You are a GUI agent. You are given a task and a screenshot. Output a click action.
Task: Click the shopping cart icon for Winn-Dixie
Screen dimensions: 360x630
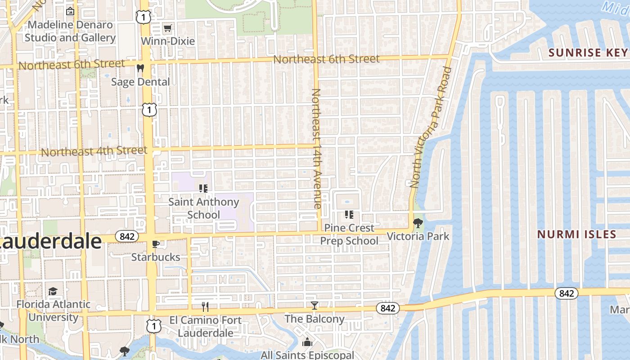[x=168, y=28]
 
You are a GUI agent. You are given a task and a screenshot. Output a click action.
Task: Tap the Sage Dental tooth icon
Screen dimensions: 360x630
[x=140, y=68]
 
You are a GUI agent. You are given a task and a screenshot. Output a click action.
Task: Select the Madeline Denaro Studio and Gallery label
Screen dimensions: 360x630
[x=70, y=31]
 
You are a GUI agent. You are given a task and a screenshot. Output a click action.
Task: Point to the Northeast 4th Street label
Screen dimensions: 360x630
[x=94, y=151]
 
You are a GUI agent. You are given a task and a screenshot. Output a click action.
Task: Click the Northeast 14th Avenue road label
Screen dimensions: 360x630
[x=316, y=148]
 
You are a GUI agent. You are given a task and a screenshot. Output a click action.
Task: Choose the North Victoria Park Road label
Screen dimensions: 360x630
[x=431, y=127]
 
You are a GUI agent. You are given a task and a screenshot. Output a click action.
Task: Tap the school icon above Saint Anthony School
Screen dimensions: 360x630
[x=203, y=189]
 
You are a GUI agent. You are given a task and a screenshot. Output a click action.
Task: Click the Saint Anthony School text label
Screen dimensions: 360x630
[x=203, y=208]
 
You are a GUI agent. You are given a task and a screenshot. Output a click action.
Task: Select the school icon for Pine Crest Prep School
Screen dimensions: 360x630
[x=349, y=215]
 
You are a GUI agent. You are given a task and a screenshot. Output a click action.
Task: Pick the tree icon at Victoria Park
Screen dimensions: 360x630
[x=418, y=223]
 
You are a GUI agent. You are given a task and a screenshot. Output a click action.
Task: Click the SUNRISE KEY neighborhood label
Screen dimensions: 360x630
[x=588, y=53]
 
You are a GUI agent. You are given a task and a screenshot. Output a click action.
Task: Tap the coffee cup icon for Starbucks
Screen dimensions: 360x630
[x=156, y=244]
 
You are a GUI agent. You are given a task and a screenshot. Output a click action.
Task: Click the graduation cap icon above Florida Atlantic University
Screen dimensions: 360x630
[x=53, y=291]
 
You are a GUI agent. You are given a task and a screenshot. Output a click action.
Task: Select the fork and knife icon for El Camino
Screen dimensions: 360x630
[x=205, y=307]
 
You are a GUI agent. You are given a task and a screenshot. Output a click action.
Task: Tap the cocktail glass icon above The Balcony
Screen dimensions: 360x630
[x=315, y=306]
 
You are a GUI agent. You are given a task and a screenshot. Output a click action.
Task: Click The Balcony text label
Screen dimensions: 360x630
[x=315, y=319]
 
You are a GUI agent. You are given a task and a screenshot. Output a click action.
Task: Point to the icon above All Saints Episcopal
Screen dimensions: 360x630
[x=307, y=342]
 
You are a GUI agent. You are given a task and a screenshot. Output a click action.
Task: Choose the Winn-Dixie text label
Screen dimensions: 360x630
[x=168, y=41]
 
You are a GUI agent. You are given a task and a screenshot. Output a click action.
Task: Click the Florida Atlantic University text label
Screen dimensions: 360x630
[x=54, y=310]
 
